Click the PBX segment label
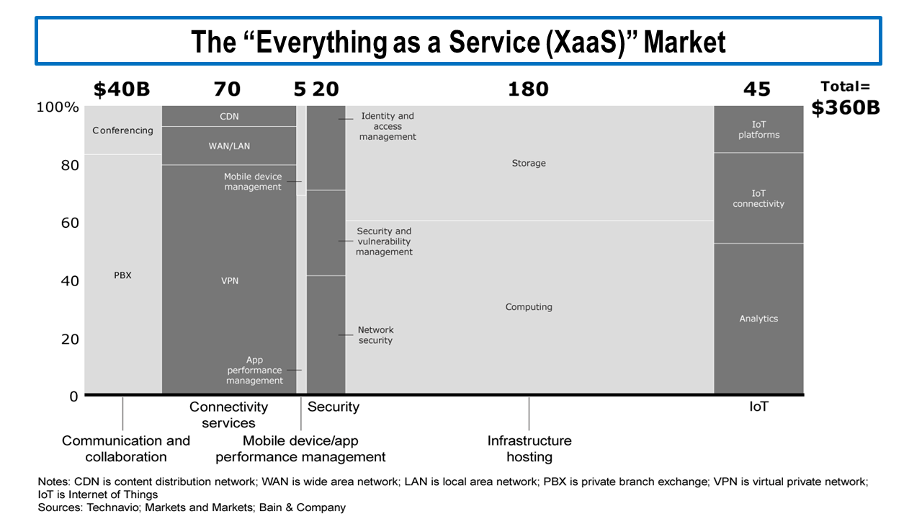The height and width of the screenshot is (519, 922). [x=122, y=275]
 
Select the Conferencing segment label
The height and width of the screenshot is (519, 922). [x=122, y=130]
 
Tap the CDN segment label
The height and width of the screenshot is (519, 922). [x=229, y=117]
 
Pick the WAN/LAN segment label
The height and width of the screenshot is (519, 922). [x=229, y=146]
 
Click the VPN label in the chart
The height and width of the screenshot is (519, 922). [x=229, y=280]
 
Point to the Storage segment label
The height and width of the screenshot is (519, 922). [x=529, y=164]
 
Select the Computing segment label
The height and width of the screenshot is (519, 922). [x=529, y=307]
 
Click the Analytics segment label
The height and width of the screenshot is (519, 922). [x=758, y=319]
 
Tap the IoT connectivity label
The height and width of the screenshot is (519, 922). [x=758, y=198]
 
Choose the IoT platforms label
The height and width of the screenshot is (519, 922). [x=758, y=130]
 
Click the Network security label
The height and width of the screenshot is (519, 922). [x=375, y=335]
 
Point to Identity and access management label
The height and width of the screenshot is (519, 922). [x=388, y=126]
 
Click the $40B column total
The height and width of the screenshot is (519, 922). [x=122, y=89]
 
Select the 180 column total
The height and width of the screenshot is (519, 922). [x=528, y=89]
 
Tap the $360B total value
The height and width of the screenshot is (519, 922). [x=846, y=108]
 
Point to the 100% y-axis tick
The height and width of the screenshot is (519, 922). [x=58, y=107]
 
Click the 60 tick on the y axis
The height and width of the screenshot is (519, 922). [x=69, y=223]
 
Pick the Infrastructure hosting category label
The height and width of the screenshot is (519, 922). [x=529, y=448]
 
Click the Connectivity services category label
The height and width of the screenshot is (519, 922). [x=228, y=414]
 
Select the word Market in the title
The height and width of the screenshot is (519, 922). [x=684, y=43]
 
